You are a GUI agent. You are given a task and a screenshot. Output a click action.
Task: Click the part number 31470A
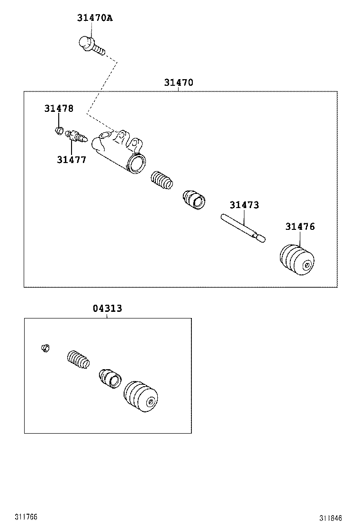[95, 18]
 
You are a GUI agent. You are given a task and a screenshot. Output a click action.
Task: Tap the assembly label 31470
[179, 82]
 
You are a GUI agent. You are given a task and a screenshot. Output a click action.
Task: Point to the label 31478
[59, 109]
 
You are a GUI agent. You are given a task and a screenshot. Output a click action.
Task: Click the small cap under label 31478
[59, 129]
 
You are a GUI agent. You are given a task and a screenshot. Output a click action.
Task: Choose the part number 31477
[72, 160]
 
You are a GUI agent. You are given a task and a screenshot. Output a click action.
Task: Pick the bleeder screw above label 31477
[76, 137]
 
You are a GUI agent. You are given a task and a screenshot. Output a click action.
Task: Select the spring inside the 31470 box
[162, 182]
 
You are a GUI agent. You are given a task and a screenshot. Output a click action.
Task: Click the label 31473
[244, 205]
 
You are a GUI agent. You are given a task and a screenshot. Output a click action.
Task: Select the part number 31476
[300, 227]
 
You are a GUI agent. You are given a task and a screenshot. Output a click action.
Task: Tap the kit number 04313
[107, 309]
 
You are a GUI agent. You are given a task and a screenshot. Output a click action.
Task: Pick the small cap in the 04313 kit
[45, 349]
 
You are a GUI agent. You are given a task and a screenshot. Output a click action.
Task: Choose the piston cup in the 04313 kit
[110, 379]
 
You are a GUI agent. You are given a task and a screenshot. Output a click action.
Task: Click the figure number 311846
[330, 518]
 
